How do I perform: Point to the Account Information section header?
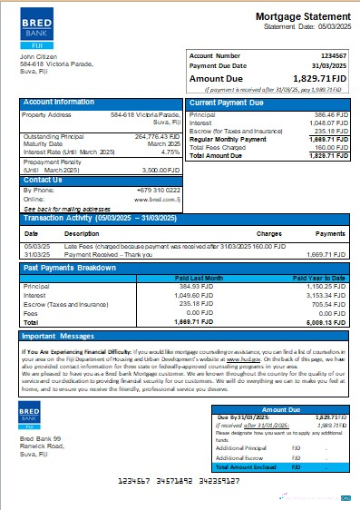(59, 103)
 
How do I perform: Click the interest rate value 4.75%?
(171, 152)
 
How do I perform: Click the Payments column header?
(331, 233)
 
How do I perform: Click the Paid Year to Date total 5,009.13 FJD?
(326, 321)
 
